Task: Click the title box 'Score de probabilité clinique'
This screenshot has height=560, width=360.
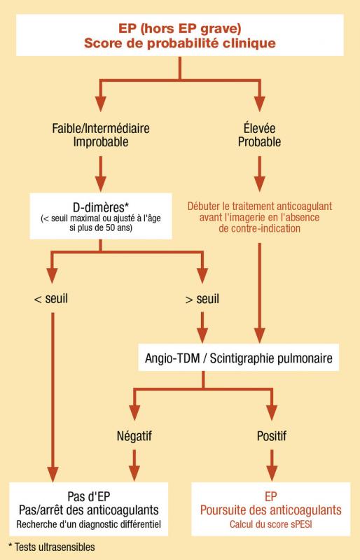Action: point(180,35)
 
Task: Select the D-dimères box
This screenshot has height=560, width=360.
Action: point(101,216)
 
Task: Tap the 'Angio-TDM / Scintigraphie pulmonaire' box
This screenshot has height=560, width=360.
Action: point(238,358)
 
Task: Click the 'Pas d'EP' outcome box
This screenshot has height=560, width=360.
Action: point(89,509)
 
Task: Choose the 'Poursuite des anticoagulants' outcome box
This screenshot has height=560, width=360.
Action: point(270,509)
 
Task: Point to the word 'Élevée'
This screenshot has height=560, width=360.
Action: point(260,128)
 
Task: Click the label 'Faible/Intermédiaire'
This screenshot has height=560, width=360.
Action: point(101,128)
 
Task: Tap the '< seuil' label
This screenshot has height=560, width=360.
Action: point(50,299)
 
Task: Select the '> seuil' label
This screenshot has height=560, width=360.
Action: point(202,299)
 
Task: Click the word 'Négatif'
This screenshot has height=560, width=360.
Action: point(134,436)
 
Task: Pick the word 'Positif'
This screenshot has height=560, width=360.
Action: point(272,436)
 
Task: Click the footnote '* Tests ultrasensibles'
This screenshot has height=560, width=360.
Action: point(52,547)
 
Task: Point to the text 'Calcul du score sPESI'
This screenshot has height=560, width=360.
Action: point(270,524)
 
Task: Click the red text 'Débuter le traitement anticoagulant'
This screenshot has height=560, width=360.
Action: point(260,206)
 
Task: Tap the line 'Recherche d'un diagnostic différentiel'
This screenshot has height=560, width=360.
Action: point(89,524)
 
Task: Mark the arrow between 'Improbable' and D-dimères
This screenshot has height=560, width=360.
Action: point(101,174)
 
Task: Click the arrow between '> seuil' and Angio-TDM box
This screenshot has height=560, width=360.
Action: point(202,328)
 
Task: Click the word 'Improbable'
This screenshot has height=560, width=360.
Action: point(101,142)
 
